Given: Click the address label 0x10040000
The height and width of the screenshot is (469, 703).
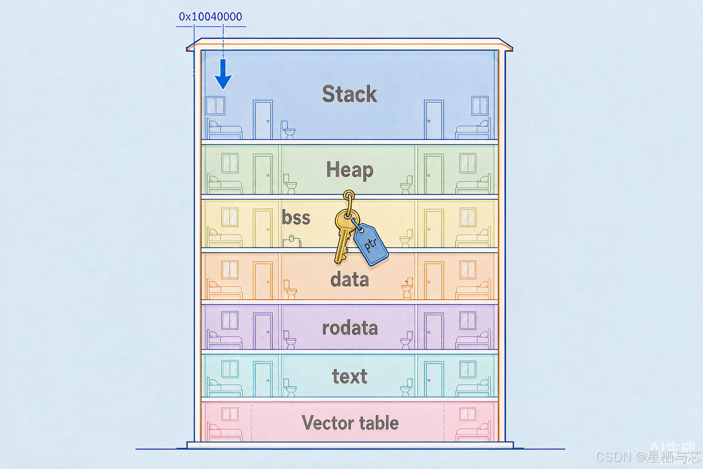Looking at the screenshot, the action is (x=210, y=16).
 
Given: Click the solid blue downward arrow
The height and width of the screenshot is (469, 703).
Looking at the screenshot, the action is (x=223, y=74).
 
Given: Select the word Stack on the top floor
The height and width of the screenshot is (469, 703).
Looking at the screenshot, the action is (x=350, y=93).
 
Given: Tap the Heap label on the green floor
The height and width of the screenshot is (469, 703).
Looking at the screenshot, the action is (x=350, y=170).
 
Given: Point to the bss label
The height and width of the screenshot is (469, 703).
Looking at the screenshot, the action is (x=296, y=217).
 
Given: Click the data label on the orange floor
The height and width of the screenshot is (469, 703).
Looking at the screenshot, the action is (x=350, y=279).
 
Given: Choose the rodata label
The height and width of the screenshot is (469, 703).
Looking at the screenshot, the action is (x=350, y=328).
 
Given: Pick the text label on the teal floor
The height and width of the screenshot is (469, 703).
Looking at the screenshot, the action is (x=350, y=376).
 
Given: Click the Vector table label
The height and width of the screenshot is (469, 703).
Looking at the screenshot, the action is (x=350, y=422).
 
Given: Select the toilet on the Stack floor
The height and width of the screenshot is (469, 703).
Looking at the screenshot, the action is (x=288, y=130).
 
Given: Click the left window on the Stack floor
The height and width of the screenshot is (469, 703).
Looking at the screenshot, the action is (x=215, y=105).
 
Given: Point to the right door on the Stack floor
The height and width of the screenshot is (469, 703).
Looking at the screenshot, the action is (x=434, y=120).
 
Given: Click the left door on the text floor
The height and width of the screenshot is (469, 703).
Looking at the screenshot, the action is (x=263, y=379).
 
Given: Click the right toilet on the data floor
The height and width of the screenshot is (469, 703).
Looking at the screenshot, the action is (x=407, y=288).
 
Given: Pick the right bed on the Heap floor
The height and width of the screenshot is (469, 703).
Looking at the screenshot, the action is (x=473, y=184).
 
